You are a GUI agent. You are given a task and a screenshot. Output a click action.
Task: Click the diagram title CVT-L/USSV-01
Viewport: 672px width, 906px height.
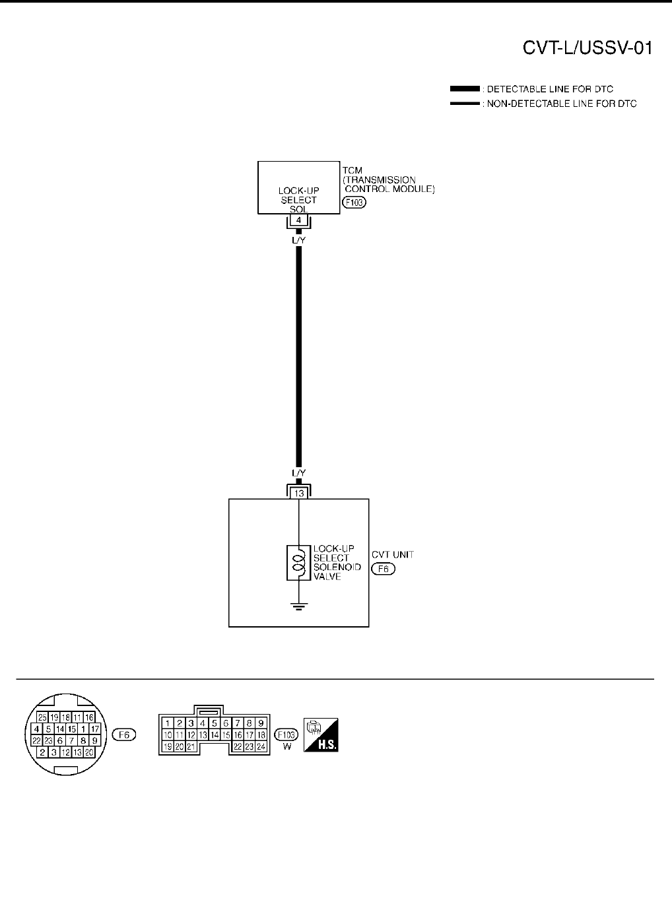point(588,48)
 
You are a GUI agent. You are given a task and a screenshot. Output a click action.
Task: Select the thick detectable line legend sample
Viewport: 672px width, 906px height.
point(464,88)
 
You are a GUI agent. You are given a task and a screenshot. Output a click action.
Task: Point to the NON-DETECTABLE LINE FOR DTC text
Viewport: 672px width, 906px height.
point(562,104)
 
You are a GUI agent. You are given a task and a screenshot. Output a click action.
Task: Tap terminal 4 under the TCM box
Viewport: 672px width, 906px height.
point(299,220)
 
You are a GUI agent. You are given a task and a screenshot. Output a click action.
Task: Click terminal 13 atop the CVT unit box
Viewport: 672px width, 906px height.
point(299,492)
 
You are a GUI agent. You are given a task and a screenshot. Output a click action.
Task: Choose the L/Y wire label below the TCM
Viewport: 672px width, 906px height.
point(298,240)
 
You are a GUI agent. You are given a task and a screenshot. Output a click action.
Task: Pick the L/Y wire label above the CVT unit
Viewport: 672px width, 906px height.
point(298,473)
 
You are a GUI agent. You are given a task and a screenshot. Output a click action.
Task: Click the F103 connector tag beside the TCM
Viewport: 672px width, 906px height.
point(354,203)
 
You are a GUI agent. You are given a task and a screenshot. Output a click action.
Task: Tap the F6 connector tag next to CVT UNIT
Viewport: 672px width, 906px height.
point(383,569)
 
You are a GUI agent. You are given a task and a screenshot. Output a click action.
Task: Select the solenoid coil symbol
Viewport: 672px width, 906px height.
point(298,563)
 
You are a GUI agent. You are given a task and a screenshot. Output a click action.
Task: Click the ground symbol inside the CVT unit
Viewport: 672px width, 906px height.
point(299,606)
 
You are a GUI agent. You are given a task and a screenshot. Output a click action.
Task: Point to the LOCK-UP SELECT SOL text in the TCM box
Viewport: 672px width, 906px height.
point(298,200)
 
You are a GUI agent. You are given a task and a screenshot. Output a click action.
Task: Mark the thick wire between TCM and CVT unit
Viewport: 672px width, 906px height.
point(299,356)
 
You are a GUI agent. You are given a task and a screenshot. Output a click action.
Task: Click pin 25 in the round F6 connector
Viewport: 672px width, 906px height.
point(42,717)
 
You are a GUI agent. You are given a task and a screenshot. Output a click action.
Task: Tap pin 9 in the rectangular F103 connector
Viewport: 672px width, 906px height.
point(261,723)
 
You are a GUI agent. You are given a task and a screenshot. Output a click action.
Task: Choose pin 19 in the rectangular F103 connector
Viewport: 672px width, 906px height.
point(168,746)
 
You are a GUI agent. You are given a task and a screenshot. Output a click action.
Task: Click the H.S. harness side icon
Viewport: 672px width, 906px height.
point(321,734)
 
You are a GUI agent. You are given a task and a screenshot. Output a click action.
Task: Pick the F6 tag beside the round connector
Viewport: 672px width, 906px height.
point(123,734)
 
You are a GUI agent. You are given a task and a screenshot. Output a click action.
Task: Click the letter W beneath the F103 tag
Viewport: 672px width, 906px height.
point(287,746)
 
